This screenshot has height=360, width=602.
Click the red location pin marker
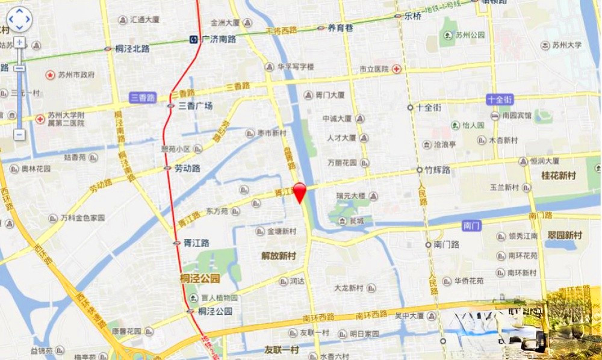point(299,191)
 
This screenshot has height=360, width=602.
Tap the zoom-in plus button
point(19,43)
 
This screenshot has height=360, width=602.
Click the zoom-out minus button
point(19,134)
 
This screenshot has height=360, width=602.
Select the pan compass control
point(19,19)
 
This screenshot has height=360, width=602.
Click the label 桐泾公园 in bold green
point(200,278)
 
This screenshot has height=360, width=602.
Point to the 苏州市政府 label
point(76,75)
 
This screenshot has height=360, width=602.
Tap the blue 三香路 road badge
point(143,97)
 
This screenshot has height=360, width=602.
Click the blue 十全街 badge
point(500,99)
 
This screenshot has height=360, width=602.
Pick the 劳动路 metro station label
point(187,169)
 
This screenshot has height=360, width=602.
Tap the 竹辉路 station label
point(438,170)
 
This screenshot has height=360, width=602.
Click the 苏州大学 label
point(569,45)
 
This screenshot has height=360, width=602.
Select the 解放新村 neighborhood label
point(279,256)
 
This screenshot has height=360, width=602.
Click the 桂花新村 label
point(559,176)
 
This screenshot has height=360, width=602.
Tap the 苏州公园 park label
point(470,35)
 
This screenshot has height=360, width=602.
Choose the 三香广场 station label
point(196,106)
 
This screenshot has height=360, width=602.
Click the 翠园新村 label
point(565,235)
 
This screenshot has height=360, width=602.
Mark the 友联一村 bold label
point(282,349)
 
